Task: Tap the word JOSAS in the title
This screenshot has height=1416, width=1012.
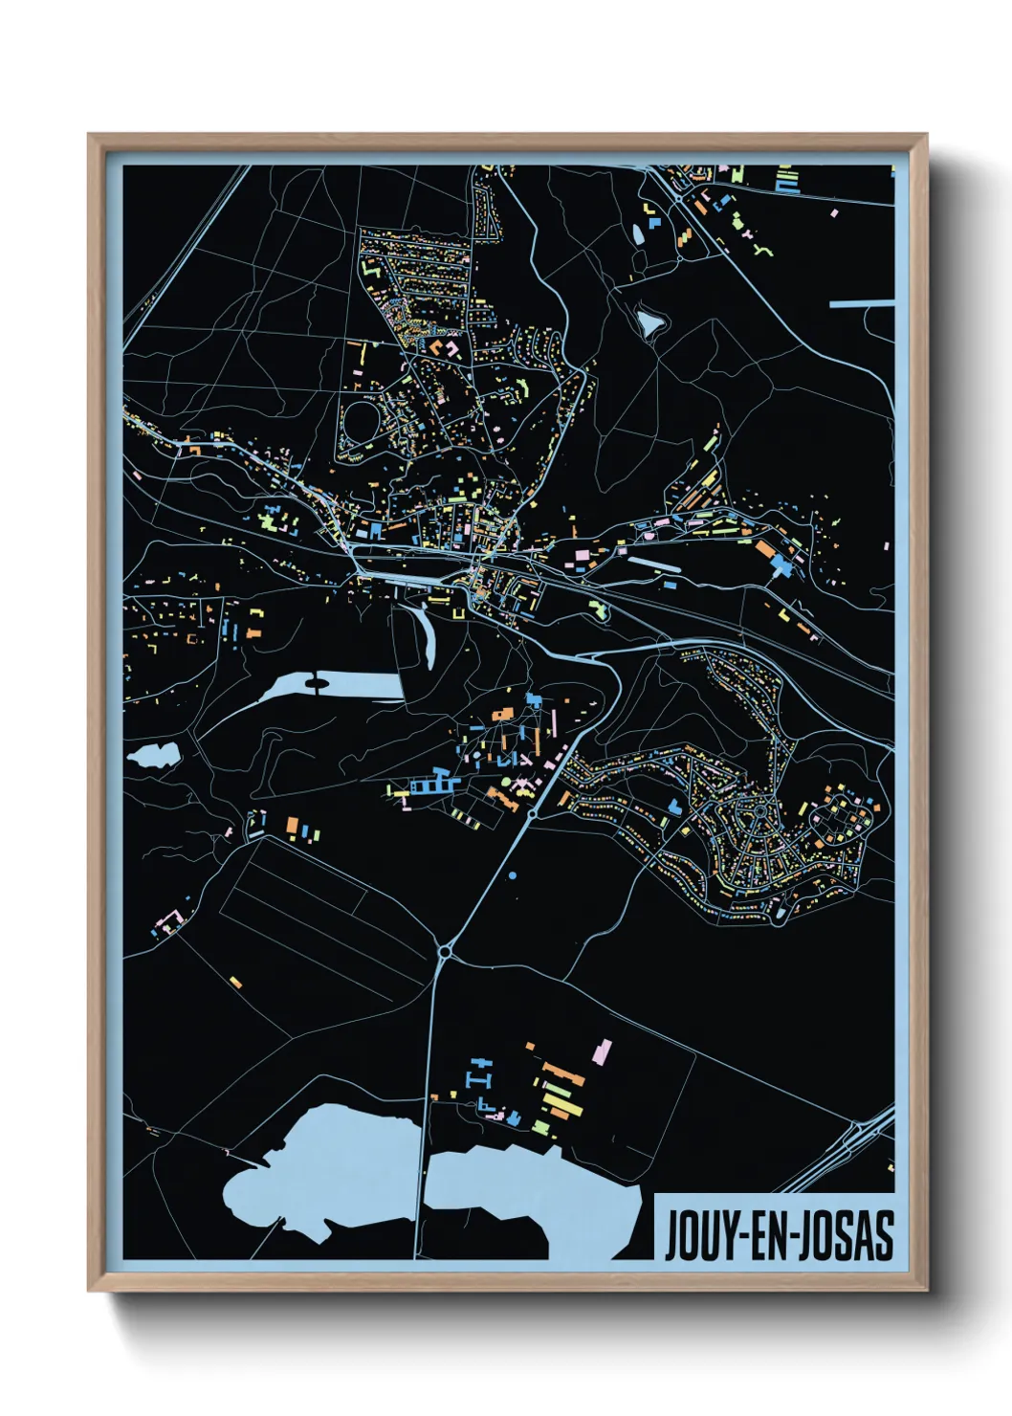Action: click(847, 1235)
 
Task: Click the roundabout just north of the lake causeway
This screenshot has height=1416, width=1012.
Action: click(445, 951)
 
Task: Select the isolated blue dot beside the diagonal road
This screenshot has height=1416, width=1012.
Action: click(513, 875)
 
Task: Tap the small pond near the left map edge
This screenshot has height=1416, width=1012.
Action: click(152, 756)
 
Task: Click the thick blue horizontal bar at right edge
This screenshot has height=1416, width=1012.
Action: click(861, 304)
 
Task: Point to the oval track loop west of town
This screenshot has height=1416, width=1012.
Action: click(361, 422)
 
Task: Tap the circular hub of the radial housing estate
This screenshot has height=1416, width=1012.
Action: click(759, 811)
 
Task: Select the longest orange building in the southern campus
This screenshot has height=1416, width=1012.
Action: click(564, 1073)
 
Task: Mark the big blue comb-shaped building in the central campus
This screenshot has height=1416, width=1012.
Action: click(435, 783)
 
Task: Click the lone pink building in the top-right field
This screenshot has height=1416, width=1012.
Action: click(834, 212)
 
